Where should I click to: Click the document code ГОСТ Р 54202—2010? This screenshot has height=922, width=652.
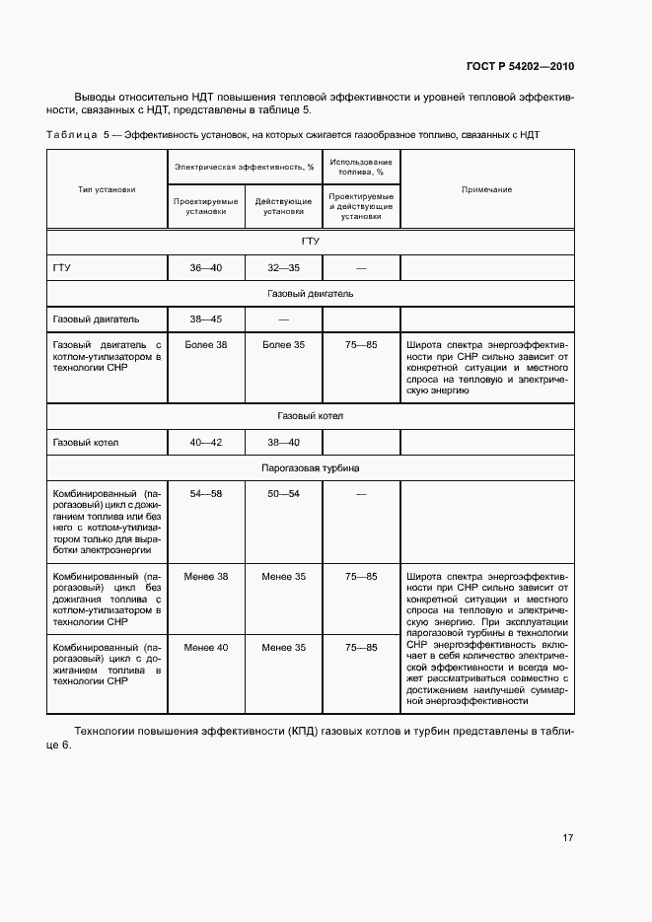(x=519, y=66)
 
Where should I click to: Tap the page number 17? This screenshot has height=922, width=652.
(x=567, y=837)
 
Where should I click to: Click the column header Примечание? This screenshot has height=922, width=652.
(x=487, y=188)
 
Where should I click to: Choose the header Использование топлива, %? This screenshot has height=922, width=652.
(x=361, y=166)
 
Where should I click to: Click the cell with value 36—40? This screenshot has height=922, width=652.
(x=206, y=267)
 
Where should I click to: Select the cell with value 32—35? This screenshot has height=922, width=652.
(x=283, y=267)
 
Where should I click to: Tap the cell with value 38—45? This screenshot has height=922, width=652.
(x=206, y=319)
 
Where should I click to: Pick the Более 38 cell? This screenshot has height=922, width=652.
(x=206, y=344)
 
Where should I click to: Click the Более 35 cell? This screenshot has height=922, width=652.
(x=283, y=344)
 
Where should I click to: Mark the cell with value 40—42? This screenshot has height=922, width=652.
(x=206, y=443)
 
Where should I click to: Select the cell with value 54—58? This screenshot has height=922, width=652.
(x=206, y=492)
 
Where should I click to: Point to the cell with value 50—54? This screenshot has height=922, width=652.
(x=283, y=492)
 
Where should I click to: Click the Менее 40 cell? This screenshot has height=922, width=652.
(x=206, y=647)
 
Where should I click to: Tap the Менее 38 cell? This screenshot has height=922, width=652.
(x=206, y=576)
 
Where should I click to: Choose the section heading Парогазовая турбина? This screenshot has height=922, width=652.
(x=311, y=467)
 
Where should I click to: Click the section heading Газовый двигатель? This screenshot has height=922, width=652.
(x=311, y=293)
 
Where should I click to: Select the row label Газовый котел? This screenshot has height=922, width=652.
(x=86, y=443)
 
